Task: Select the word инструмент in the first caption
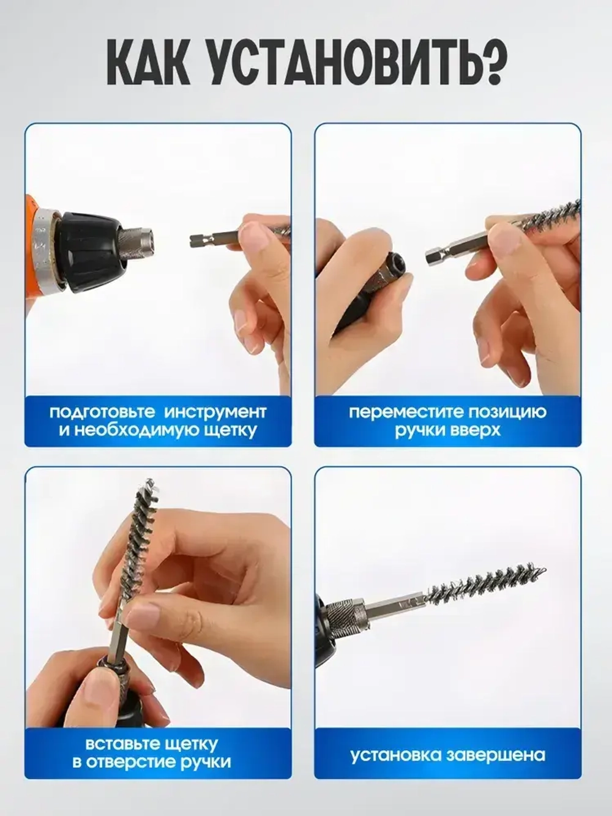coord(215,412)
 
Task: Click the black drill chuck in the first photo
coord(89,252)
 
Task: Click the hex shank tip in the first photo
coord(197,241)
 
